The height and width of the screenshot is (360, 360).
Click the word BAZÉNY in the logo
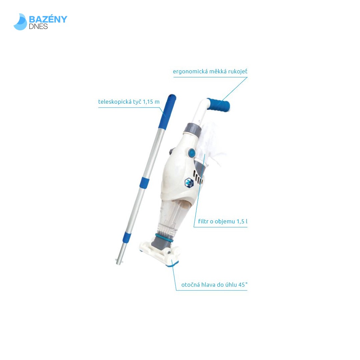(x=48, y=19)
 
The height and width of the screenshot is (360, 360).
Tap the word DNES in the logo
(x=38, y=26)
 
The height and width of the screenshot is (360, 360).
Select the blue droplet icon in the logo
(x=20, y=22)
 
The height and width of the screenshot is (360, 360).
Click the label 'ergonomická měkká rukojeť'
(x=210, y=72)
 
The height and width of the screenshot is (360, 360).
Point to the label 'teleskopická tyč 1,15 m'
(x=129, y=102)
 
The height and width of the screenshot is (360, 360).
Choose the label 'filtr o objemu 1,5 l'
(x=223, y=222)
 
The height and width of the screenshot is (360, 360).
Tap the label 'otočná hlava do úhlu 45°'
(x=214, y=285)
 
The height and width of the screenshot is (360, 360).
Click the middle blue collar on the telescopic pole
(x=144, y=183)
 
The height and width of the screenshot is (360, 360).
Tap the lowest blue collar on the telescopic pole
(x=127, y=237)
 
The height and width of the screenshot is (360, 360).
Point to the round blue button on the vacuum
(x=192, y=153)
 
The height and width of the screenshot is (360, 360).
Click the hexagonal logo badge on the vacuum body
(x=189, y=183)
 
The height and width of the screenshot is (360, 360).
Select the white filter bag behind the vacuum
(x=212, y=143)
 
